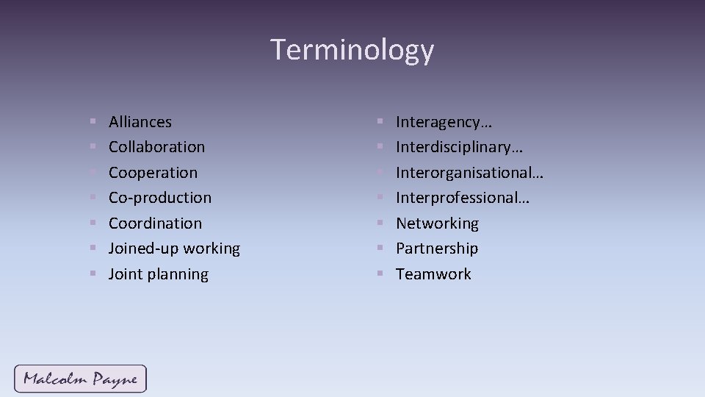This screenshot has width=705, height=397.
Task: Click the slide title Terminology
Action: (352, 50)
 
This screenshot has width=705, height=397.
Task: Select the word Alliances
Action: (140, 122)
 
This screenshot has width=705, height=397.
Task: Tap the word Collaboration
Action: (157, 147)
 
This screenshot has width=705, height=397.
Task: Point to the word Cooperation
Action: (153, 173)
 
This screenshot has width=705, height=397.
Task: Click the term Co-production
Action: (160, 198)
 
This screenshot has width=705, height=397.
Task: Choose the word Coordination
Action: (155, 223)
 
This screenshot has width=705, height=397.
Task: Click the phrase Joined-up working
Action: (174, 248)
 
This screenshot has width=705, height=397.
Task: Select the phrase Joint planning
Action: (159, 274)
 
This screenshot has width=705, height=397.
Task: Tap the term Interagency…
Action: (444, 122)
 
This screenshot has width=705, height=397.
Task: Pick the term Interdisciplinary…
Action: (460, 147)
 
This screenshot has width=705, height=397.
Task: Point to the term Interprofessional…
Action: (463, 198)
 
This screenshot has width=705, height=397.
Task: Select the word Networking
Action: (438, 223)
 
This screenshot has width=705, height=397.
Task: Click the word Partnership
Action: (437, 248)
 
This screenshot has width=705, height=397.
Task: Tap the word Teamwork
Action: (434, 274)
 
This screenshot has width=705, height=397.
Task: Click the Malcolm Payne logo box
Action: (80, 379)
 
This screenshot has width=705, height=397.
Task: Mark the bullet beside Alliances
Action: (93, 122)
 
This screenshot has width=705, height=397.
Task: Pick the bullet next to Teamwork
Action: (380, 274)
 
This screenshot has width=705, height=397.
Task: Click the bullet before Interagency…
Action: (380, 122)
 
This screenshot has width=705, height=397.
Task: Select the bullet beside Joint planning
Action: (93, 274)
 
